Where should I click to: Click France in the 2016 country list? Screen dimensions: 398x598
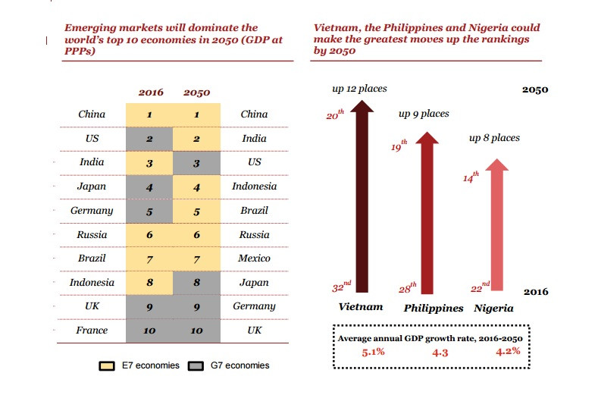(x=92, y=331)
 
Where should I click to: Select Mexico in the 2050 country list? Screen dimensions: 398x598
(x=254, y=259)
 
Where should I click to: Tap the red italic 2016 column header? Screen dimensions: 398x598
(x=150, y=92)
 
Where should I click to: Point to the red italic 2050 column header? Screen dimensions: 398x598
(x=197, y=92)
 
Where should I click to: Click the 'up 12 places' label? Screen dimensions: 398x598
(x=359, y=89)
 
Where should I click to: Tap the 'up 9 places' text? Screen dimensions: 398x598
(x=424, y=114)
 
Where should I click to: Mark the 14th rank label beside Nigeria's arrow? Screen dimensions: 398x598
(x=471, y=177)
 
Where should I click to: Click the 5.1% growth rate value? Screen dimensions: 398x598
(x=371, y=352)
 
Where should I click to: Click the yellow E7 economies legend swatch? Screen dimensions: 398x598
(x=107, y=365)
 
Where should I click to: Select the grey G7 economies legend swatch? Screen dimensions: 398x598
(x=196, y=365)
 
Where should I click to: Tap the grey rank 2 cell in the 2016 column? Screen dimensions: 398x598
(x=150, y=139)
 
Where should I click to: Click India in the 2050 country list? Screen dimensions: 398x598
(x=254, y=139)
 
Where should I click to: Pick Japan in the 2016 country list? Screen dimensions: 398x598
(x=92, y=186)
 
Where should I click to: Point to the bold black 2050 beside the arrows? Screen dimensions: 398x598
(x=535, y=89)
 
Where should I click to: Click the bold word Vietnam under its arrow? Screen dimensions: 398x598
(x=360, y=308)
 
